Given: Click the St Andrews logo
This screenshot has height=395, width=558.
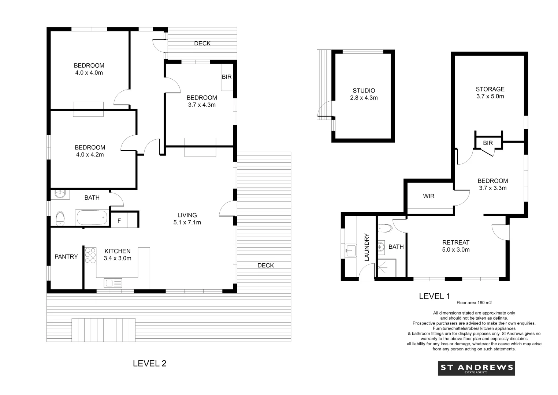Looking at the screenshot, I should pyautogui.click(x=476, y=368).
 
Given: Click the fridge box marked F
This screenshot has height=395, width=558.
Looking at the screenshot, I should pyautogui.click(x=119, y=221).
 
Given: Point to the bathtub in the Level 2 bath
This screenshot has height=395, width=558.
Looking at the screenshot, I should pyautogui.click(x=92, y=218).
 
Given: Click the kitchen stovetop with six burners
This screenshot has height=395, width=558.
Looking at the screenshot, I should pyautogui.click(x=90, y=255).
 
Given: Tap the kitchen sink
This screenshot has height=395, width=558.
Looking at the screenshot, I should pyautogui.click(x=113, y=283).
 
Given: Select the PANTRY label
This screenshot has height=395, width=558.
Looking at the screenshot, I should pyautogui.click(x=66, y=257).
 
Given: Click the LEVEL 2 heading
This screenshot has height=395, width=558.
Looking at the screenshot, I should pyautogui.click(x=149, y=363).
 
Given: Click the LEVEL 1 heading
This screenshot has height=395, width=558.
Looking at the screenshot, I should pyautogui.click(x=434, y=296).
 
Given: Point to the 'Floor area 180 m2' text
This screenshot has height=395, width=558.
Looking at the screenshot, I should pyautogui.click(x=474, y=303).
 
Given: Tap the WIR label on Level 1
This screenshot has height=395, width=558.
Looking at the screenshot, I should pyautogui.click(x=428, y=196).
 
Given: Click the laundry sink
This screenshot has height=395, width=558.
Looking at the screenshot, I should pyautogui.click(x=350, y=251).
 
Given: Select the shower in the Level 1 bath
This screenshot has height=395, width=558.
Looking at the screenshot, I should pyautogui.click(x=386, y=268).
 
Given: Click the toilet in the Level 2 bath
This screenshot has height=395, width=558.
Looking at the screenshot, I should pyautogui.click(x=60, y=219).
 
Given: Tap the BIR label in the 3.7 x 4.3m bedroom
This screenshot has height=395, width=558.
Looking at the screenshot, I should pyautogui.click(x=227, y=77).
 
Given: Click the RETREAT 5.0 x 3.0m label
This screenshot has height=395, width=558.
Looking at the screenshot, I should pyautogui.click(x=455, y=246).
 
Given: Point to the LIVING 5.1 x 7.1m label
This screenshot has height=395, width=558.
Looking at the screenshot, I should pyautogui.click(x=187, y=219).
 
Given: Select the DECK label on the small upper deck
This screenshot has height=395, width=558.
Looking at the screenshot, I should pyautogui.click(x=202, y=43).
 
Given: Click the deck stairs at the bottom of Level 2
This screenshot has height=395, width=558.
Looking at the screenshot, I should pyautogui.click(x=104, y=330).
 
